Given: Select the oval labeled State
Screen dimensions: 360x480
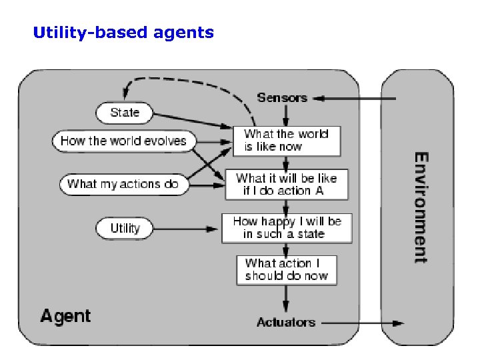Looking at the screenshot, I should pyautogui.click(x=125, y=113).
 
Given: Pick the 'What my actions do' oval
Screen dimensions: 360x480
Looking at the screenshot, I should pyautogui.click(x=123, y=184).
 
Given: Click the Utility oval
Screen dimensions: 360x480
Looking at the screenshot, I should pyautogui.click(x=125, y=229).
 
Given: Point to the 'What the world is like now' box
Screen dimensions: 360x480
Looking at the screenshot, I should pyautogui.click(x=286, y=141).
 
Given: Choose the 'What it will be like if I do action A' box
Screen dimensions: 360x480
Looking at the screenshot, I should pyautogui.click(x=286, y=185).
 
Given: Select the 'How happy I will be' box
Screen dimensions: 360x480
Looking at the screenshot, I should pyautogui.click(x=286, y=228).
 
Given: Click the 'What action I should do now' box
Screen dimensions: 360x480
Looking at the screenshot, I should pyautogui.click(x=286, y=269).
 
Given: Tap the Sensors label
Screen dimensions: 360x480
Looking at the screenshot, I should pyautogui.click(x=282, y=98).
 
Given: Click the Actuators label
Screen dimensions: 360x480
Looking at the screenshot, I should pyautogui.click(x=285, y=323).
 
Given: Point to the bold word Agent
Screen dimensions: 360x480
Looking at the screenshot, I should pyautogui.click(x=65, y=315).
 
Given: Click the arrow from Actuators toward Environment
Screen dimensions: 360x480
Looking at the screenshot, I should pyautogui.click(x=363, y=323).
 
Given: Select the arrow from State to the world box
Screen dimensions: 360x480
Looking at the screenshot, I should pyautogui.click(x=190, y=120).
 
